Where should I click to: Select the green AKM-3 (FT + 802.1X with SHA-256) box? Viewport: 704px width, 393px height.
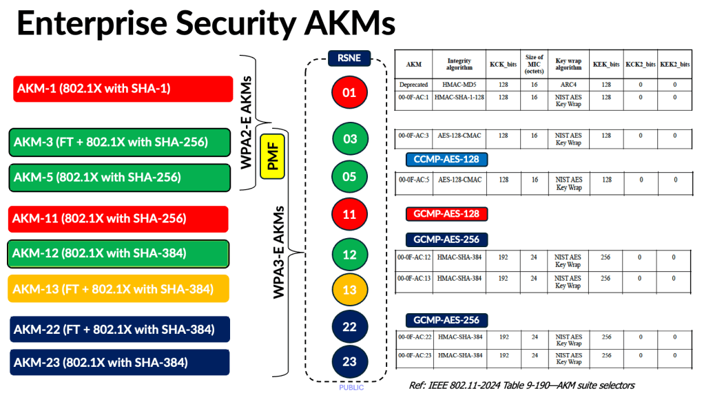point(119,142)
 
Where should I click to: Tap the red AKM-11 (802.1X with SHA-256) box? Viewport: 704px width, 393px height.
point(118,219)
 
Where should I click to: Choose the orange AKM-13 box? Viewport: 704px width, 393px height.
point(118,288)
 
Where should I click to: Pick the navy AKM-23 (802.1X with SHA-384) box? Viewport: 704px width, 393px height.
point(120,363)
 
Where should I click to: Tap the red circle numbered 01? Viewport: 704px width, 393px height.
point(349,92)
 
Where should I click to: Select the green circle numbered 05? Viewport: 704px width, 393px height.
point(349,177)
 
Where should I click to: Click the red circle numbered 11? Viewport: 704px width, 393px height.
point(349,214)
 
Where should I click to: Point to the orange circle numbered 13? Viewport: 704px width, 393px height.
point(349,290)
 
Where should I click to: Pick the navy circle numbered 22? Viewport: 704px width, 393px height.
point(349,326)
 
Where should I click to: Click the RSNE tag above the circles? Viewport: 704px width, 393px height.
point(349,58)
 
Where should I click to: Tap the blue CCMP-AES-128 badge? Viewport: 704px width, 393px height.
point(446,160)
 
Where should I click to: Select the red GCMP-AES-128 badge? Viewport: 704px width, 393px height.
point(446,214)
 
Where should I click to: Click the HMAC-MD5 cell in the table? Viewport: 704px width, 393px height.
point(459,85)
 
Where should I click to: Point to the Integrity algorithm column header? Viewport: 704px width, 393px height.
point(459,65)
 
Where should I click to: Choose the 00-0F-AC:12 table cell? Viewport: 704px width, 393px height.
point(414,257)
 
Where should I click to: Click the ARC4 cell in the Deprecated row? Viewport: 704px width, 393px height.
point(569,85)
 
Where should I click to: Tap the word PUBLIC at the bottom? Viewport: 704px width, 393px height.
point(351,387)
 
